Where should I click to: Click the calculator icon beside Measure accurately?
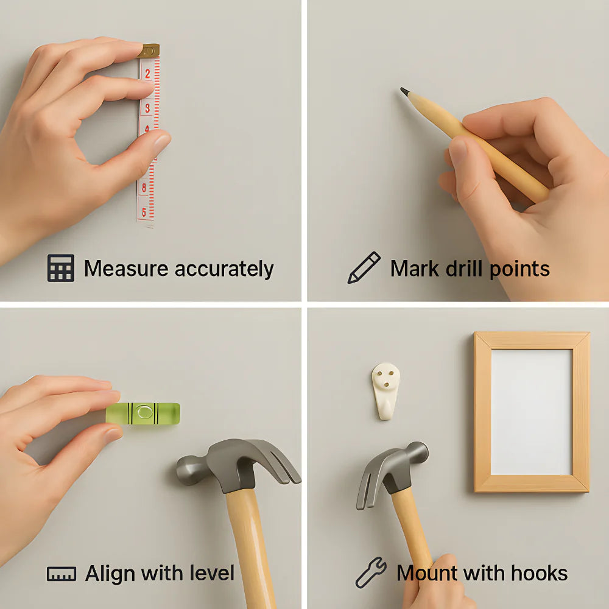click(x=61, y=268)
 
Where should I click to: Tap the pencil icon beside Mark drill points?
click(x=364, y=268)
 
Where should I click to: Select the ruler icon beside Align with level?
click(x=62, y=574)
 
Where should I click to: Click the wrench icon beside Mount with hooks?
click(x=371, y=573)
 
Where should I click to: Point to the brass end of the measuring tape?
click(x=148, y=51)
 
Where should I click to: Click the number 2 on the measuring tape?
click(x=147, y=74)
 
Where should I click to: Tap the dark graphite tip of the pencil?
click(x=404, y=91)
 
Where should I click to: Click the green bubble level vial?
click(x=143, y=412)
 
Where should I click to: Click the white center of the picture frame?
click(x=531, y=412)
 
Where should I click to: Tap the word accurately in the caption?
click(x=224, y=269)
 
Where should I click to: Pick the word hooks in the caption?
click(x=539, y=573)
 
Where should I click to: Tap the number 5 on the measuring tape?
click(x=144, y=212)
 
